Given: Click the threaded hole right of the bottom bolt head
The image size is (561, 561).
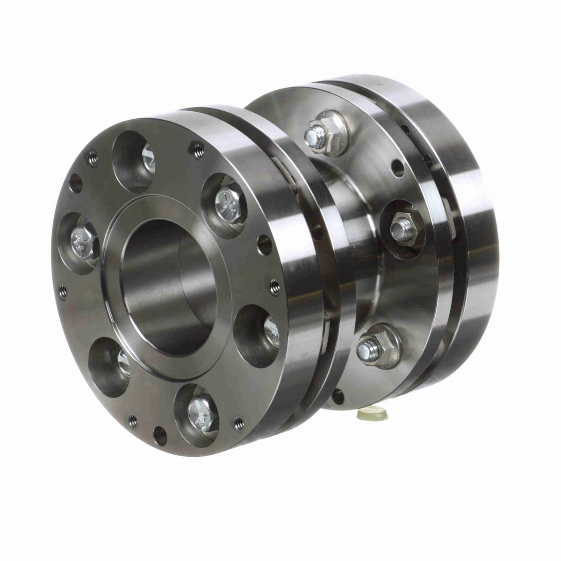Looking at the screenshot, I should [x=239, y=420].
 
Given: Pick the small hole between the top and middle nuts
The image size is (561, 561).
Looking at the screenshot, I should [x=398, y=169].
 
